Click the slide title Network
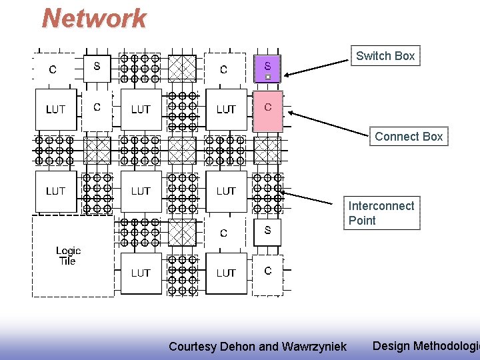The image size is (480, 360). (x=94, y=19)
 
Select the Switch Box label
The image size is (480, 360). (x=385, y=56)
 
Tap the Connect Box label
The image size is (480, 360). (x=408, y=137)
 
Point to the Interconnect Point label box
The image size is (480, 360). (x=381, y=213)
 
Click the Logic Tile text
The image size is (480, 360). (x=68, y=256)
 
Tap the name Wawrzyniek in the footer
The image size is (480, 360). (x=314, y=346)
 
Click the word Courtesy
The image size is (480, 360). (x=192, y=346)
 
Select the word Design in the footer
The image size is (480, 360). (x=391, y=345)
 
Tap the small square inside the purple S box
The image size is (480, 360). (x=267, y=77)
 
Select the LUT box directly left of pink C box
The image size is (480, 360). (x=226, y=109)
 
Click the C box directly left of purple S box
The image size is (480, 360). (x=224, y=69)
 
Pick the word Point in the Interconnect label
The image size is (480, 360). (x=362, y=221)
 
